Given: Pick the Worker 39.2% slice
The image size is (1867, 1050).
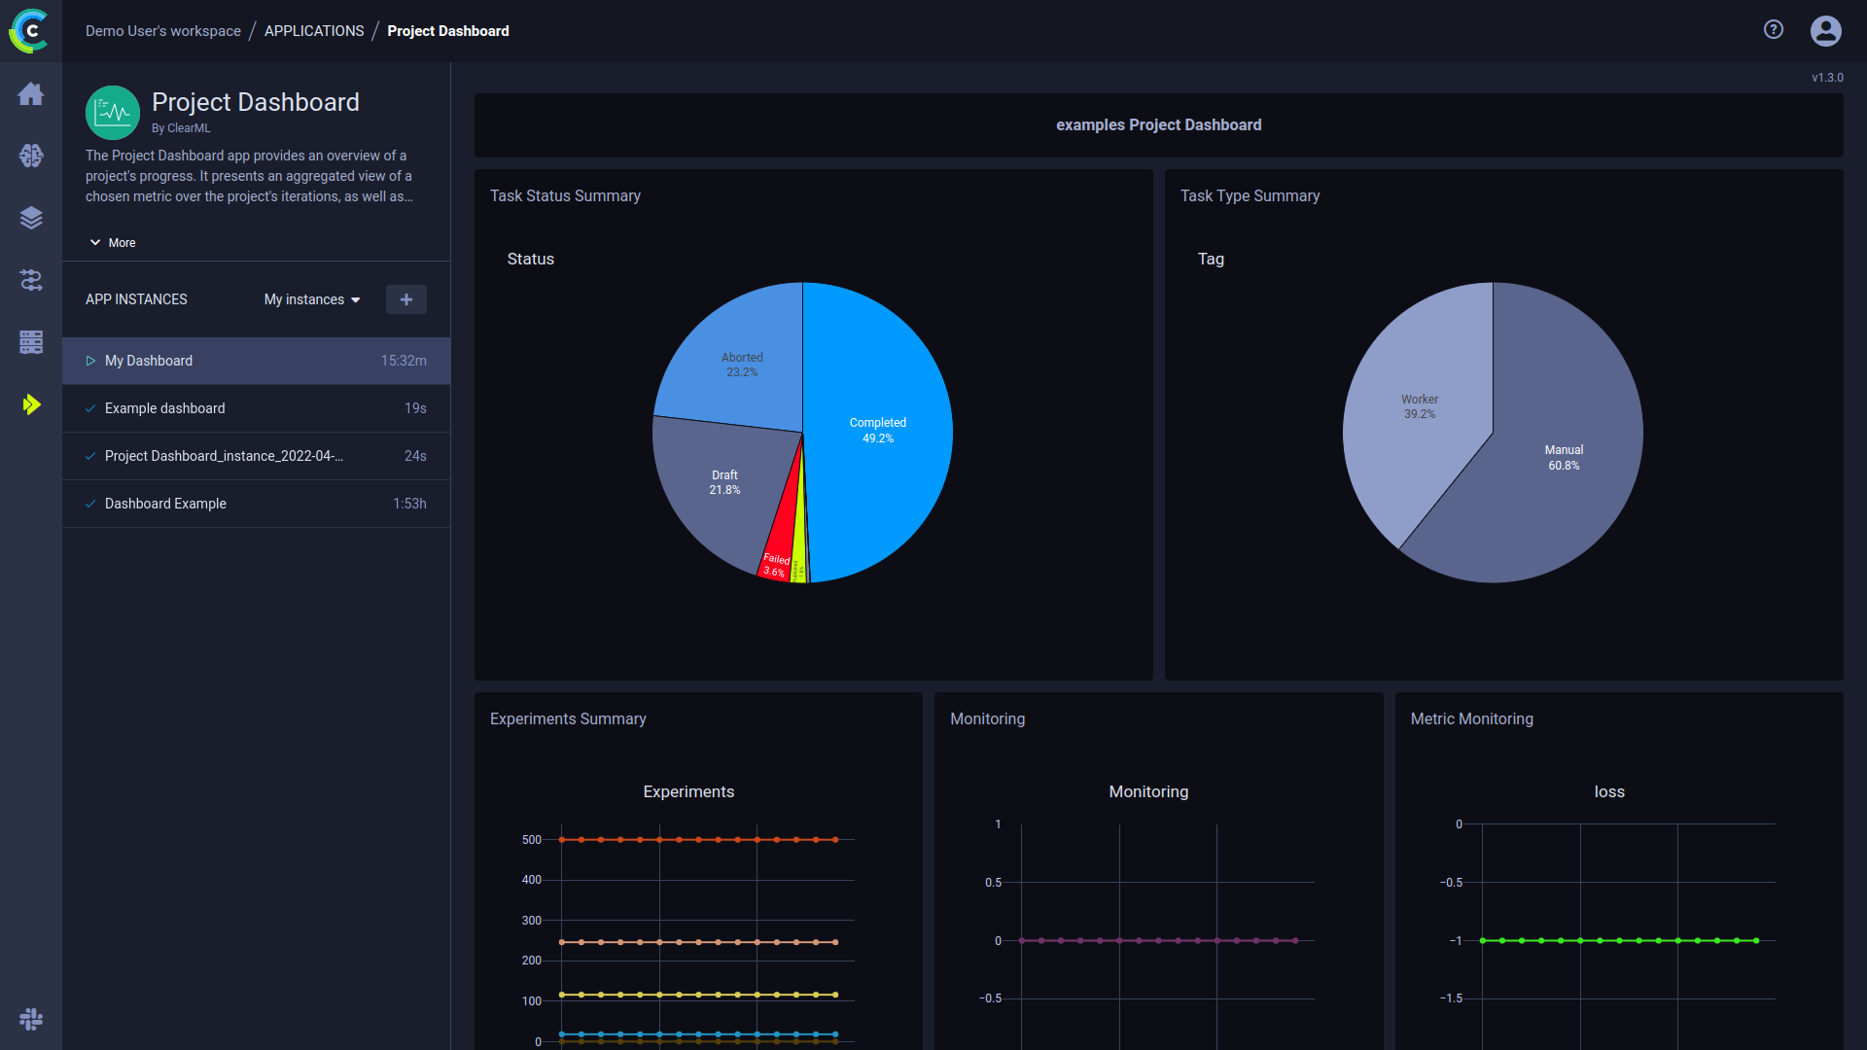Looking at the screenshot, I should click(x=1419, y=408).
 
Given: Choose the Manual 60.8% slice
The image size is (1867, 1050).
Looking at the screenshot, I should click(x=1566, y=457).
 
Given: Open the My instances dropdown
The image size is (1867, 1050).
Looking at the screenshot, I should click(x=312, y=299).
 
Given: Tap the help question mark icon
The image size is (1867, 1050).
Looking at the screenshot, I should click(x=1774, y=30).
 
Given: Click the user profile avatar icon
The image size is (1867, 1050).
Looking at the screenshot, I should click(x=1825, y=31).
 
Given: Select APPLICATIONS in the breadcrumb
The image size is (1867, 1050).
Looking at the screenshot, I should click(x=314, y=31).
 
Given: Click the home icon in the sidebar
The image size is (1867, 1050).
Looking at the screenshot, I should click(x=31, y=94).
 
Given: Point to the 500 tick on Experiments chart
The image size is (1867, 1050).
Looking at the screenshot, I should click(x=531, y=840).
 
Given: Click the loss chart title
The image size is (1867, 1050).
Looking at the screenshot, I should click(x=1609, y=791).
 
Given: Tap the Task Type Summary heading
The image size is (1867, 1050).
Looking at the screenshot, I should click(x=1250, y=195).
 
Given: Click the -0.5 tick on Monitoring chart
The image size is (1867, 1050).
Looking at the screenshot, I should click(x=990, y=998).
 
